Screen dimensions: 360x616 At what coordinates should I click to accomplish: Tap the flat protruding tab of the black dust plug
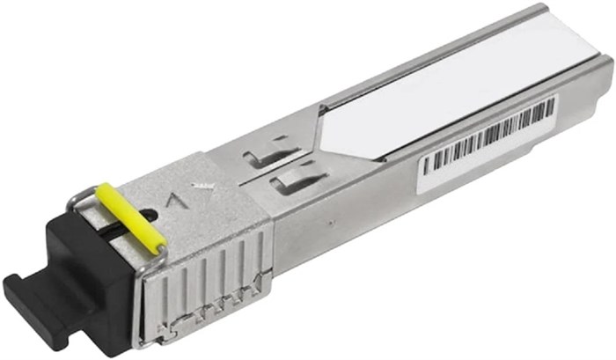[x=26, y=295]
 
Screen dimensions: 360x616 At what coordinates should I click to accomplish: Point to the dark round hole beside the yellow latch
[x=150, y=214]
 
